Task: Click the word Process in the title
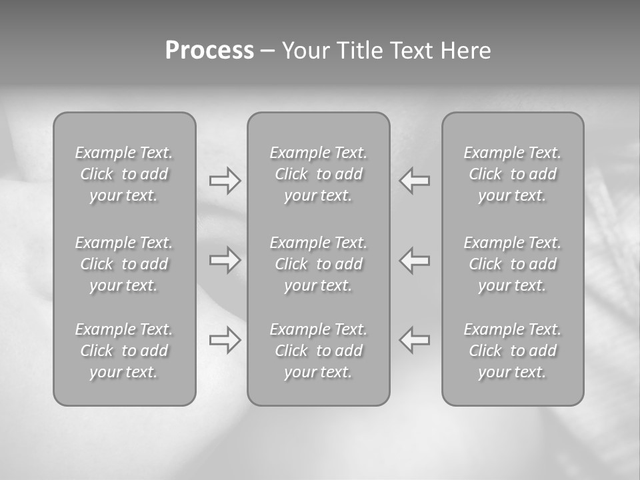[x=209, y=51]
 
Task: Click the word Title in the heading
[x=357, y=51]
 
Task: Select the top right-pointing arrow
[x=225, y=181]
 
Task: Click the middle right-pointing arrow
[x=225, y=260]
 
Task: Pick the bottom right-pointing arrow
[x=225, y=340]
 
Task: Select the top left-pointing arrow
[x=415, y=181]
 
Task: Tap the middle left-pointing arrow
[x=415, y=260]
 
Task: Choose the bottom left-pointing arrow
[x=415, y=340]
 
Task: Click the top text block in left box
[x=124, y=174]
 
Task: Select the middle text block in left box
[x=124, y=264]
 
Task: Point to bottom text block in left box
[x=124, y=351]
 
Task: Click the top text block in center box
[x=318, y=174]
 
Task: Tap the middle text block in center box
[x=318, y=264]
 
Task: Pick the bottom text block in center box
[x=318, y=351]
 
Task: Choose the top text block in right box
[x=513, y=174]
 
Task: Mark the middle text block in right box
[x=513, y=264]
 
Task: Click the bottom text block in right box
[x=513, y=351]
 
